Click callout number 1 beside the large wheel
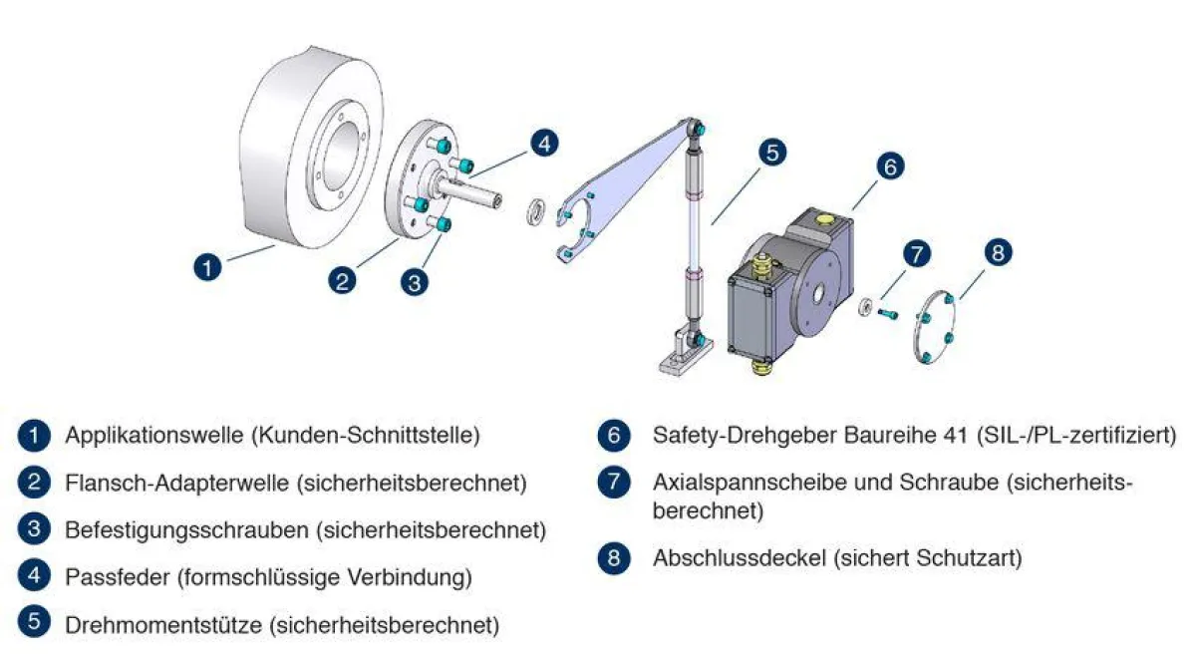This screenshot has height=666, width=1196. coord(206,267)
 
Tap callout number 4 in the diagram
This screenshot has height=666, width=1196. coord(543,143)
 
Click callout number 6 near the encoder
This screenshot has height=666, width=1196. coord(890,166)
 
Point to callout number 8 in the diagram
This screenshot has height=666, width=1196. coord(998,252)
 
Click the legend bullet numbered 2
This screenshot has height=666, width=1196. coord(34,483)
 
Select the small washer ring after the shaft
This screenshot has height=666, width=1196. coord(536,212)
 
